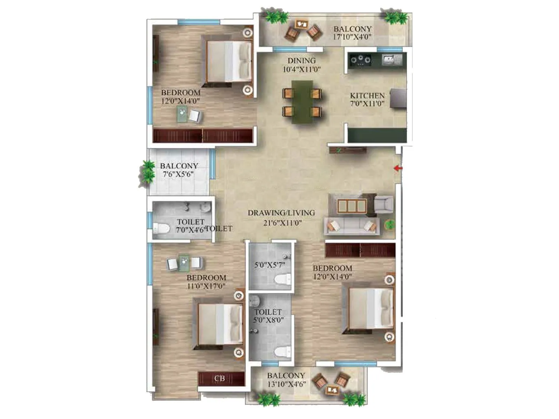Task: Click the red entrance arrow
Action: pos(398,168)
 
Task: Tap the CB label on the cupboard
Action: pos(219,378)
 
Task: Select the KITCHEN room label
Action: pos(367,95)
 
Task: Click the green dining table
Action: pos(302,102)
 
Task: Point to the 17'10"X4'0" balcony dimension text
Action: pos(352,37)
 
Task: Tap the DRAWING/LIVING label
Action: pos(281,213)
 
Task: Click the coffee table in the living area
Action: pos(352,206)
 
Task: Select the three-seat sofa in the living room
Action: pos(351,226)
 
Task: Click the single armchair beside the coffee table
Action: pos(383,204)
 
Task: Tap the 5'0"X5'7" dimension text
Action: pos(270,265)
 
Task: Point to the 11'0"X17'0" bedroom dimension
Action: pos(206,286)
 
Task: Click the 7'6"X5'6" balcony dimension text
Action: pos(178,174)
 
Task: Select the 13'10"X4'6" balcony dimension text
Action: pos(286,384)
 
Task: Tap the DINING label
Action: pos(302,61)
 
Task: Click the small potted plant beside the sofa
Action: pos(390,225)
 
